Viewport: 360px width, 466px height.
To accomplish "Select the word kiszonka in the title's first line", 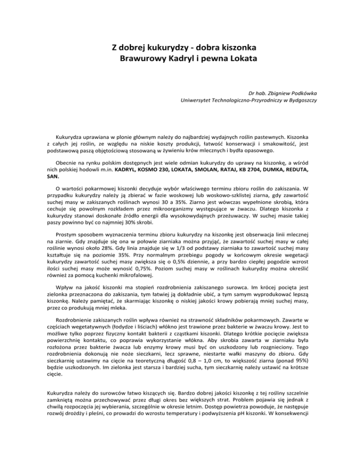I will pos(237,48).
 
